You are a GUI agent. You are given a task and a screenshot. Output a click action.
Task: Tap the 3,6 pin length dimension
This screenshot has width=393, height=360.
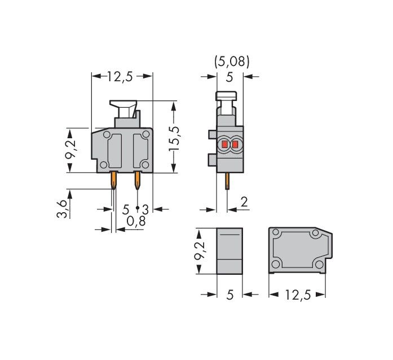pyautogui.click(x=67, y=208)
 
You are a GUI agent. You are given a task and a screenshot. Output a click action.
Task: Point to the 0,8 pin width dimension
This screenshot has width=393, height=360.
pyautogui.click(x=135, y=222)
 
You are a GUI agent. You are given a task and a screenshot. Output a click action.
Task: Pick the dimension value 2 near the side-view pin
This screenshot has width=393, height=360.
pyautogui.click(x=244, y=202)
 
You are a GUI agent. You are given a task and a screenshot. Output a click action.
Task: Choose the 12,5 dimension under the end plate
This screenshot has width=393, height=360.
pyautogui.click(x=298, y=295)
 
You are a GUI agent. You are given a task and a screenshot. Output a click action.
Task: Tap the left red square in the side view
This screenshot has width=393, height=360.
pyautogui.click(x=224, y=146)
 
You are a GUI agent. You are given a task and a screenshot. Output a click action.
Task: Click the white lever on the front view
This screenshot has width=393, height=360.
pyautogui.click(x=126, y=106)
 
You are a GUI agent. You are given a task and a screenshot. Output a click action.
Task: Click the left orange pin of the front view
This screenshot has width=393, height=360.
pyautogui.click(x=114, y=181)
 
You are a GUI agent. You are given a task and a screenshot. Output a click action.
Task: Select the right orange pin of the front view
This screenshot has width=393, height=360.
pyautogui.click(x=136, y=181)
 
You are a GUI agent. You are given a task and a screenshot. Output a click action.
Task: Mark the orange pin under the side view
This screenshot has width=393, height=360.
pyautogui.click(x=227, y=181)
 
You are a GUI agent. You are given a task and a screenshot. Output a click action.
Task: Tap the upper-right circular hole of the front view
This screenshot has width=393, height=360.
pyautogui.click(x=146, y=134)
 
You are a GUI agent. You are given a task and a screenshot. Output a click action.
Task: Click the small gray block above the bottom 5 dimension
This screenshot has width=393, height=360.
pyautogui.click(x=229, y=251)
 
